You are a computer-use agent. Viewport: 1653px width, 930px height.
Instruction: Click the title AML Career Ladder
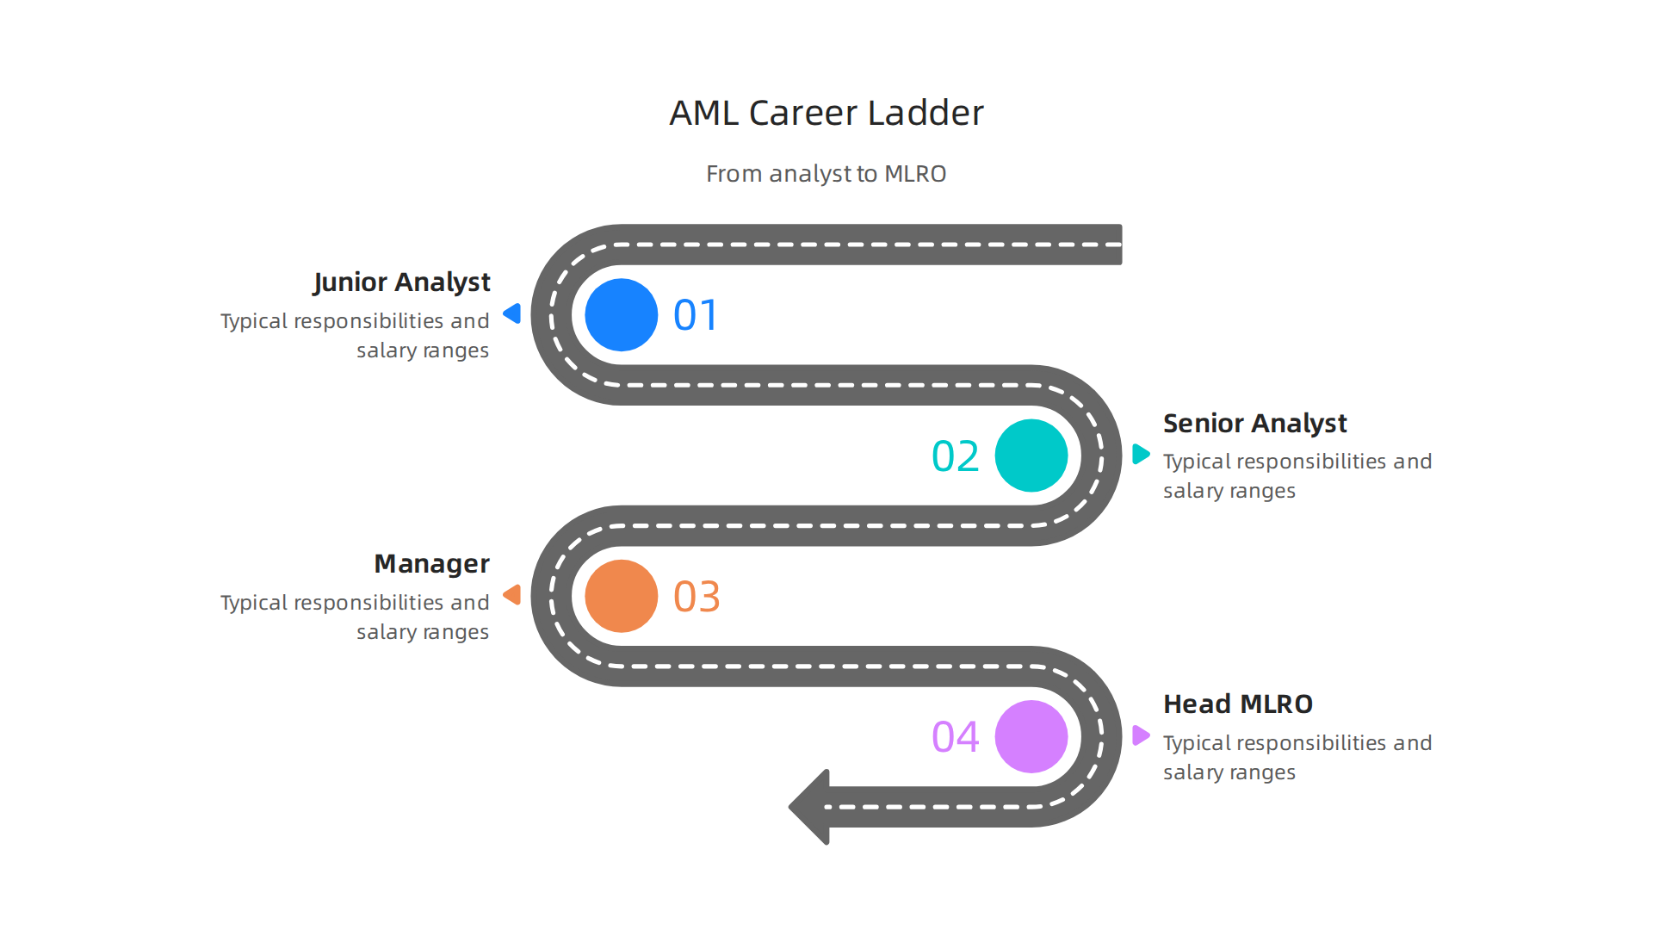826,113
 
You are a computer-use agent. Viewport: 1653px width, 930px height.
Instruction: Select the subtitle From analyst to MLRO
826,174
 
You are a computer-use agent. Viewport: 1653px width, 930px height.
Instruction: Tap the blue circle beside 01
621,314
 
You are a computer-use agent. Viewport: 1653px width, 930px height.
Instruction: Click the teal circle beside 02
1031,456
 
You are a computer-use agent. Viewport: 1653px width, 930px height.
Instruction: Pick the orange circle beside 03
621,596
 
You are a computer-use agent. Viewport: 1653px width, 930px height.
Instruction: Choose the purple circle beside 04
1031,736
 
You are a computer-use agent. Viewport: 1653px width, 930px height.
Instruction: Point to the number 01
696,315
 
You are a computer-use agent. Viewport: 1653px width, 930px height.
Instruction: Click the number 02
956,456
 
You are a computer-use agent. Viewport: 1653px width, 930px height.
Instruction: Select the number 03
696,597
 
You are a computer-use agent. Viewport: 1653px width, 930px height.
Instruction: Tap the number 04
956,737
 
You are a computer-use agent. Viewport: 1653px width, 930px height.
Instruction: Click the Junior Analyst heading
401,282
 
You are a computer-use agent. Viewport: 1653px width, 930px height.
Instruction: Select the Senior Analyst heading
1254,424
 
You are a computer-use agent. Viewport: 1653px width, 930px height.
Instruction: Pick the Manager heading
431,564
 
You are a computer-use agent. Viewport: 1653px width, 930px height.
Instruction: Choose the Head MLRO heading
1238,704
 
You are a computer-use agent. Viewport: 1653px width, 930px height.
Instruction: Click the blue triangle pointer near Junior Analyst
513,313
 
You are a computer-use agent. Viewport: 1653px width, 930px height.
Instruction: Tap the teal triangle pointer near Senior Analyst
1140,454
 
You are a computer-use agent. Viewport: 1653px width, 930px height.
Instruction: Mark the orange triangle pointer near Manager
513,594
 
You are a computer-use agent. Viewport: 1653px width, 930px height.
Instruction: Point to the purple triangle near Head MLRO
1140,735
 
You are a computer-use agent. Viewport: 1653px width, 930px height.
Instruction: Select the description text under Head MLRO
1297,758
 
